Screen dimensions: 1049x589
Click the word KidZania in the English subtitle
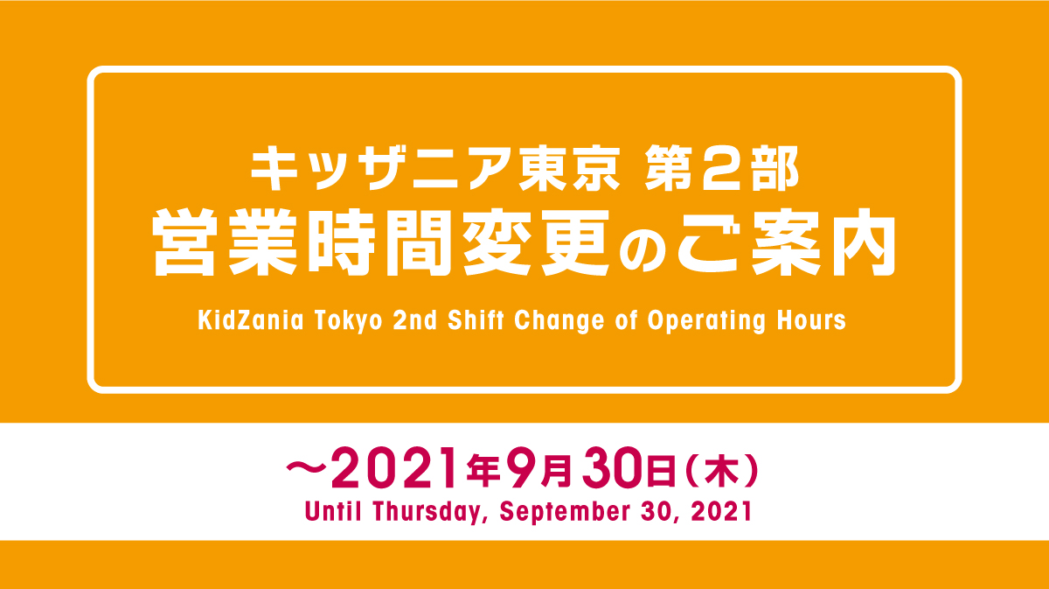pyautogui.click(x=251, y=320)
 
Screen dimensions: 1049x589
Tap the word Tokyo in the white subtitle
pyautogui.click(x=349, y=322)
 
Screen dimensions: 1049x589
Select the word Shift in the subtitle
pyautogui.click(x=476, y=320)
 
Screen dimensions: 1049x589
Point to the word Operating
pyautogui.click(x=706, y=322)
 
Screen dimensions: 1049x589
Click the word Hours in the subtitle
pyautogui.click(x=811, y=320)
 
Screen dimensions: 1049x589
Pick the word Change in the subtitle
pyautogui.click(x=559, y=322)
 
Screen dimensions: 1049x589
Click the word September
pyautogui.click(x=565, y=512)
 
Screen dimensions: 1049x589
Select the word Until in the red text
pyautogui.click(x=333, y=511)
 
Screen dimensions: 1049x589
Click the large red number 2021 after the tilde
pyautogui.click(x=394, y=468)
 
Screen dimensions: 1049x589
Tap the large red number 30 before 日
pyautogui.click(x=614, y=468)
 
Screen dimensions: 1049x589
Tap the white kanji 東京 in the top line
pyautogui.click(x=569, y=168)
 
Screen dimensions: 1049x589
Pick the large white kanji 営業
pyautogui.click(x=225, y=242)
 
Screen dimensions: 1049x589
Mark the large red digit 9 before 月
pyautogui.click(x=522, y=468)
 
